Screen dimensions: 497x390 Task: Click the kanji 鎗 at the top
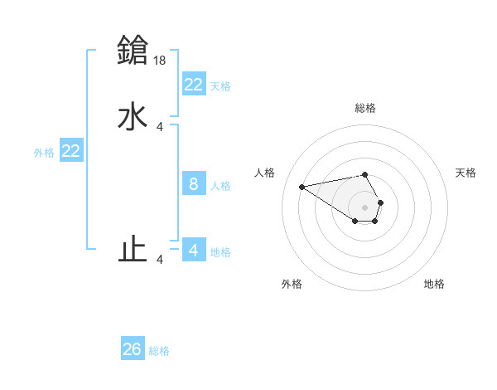pos(133,50)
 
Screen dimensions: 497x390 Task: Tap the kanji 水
pos(133,117)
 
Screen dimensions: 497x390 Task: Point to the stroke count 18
pos(161,60)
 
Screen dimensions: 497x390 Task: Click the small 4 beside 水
pos(160,127)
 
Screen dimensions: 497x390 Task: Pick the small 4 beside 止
pos(160,260)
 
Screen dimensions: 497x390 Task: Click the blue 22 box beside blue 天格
pos(193,84)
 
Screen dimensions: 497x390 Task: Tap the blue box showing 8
pos(193,184)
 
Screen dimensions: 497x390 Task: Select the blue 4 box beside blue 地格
pos(193,250)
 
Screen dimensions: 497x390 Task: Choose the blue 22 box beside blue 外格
pos(71,151)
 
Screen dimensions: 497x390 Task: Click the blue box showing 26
pos(132,349)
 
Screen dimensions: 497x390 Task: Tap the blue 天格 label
pos(220,86)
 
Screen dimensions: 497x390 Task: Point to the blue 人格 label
pos(221,186)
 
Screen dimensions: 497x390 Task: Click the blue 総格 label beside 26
pos(159,351)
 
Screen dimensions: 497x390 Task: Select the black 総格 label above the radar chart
pos(365,108)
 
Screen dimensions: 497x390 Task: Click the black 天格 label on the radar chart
pos(466,173)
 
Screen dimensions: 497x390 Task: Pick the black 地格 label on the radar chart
pos(434,285)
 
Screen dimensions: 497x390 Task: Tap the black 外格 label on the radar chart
pos(292,285)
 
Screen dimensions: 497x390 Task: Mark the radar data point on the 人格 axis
pos(302,186)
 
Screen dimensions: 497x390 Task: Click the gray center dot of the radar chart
pos(365,207)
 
